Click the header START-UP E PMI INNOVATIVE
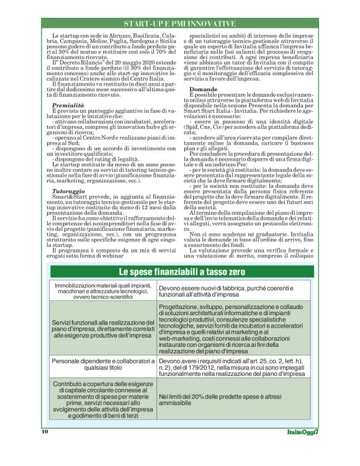click(x=179, y=24)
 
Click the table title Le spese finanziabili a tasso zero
click(x=179, y=272)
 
